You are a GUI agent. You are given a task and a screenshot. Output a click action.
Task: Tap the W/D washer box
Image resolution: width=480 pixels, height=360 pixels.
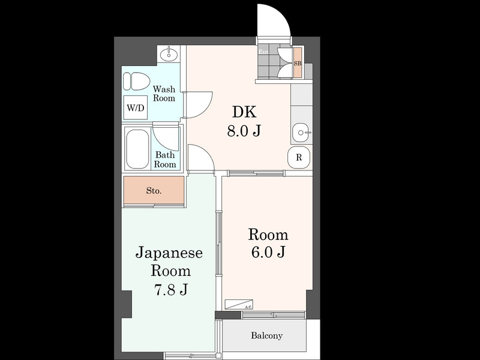coord(135,109)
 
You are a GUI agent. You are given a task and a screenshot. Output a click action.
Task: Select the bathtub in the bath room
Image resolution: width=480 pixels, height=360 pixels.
coord(137,149)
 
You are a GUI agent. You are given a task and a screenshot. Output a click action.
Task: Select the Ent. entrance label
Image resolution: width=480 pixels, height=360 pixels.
coord(263,52)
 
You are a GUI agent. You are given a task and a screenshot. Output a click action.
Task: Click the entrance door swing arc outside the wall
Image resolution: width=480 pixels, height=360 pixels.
coord(274,21)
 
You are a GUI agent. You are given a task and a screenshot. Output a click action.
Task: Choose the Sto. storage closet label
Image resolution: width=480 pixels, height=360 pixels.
coord(154,191)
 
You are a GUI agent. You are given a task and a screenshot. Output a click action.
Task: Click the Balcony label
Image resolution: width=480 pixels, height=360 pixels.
coord(266,335)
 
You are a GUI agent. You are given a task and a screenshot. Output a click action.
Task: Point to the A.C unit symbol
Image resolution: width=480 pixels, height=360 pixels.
coord(239,304)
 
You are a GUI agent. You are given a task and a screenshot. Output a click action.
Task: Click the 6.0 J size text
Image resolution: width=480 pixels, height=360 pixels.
coord(268,253)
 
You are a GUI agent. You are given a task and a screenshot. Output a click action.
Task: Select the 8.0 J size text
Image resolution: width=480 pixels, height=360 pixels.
coord(243,131)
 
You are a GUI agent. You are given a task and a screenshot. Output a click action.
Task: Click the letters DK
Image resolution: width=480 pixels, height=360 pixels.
coord(244,112)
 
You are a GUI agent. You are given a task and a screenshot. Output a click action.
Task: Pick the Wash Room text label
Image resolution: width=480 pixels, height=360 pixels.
coord(164,94)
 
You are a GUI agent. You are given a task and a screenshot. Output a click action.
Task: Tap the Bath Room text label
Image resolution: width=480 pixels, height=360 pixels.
coord(166,159)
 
